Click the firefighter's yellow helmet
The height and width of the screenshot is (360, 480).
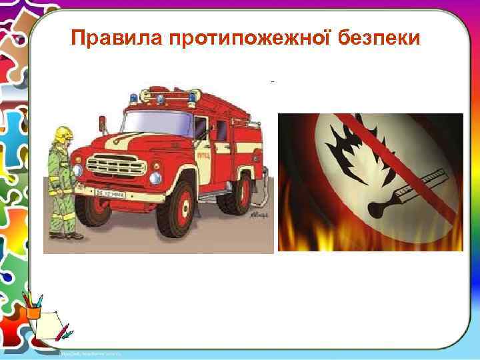pyautogui.click(x=64, y=133)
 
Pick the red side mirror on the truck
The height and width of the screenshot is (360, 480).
pyautogui.click(x=102, y=123)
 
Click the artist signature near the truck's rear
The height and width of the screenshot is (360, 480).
pyautogui.click(x=258, y=217)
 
